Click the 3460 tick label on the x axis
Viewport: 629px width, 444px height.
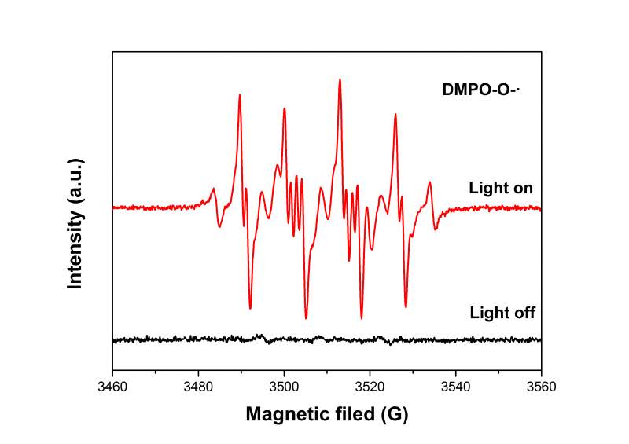click(x=112, y=387)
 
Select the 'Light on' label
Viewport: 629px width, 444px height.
click(x=501, y=189)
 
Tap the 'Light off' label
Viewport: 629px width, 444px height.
click(x=502, y=313)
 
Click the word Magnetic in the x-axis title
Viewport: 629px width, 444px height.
click(x=287, y=414)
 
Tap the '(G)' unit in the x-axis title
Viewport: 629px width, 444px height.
click(x=395, y=414)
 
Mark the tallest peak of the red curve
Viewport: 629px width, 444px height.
click(x=340, y=79)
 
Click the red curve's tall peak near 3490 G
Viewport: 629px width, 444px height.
click(x=239, y=95)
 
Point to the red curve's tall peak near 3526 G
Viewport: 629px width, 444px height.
click(x=395, y=115)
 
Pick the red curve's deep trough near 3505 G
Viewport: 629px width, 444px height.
click(x=306, y=317)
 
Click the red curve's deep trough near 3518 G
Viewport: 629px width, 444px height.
click(x=362, y=318)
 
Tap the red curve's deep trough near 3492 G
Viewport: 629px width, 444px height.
click(x=250, y=308)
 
